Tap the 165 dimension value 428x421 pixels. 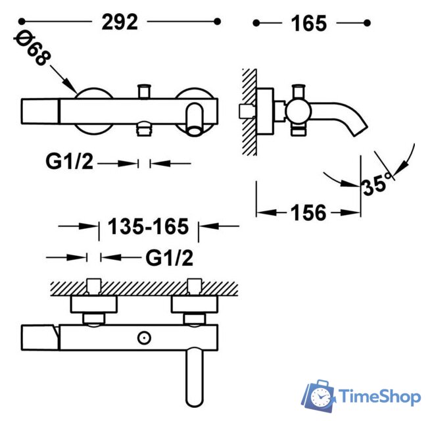pyautogui.click(x=308, y=23)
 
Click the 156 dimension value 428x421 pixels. pyautogui.click(x=308, y=212)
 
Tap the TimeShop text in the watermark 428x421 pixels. pyautogui.click(x=379, y=397)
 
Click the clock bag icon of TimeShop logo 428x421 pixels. pyautogui.click(x=320, y=396)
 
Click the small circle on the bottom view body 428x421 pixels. pyautogui.click(x=143, y=337)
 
